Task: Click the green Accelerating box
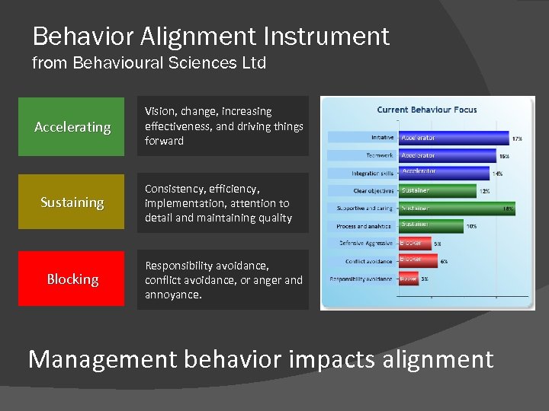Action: tap(72, 126)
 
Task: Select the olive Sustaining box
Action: tap(72, 202)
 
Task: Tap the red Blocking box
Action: tap(72, 279)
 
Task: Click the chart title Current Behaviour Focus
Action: tap(426, 110)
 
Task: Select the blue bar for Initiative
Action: tap(453, 138)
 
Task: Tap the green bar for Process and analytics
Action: tap(430, 225)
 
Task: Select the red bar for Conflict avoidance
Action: tap(417, 260)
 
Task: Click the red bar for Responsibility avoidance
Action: tap(408, 279)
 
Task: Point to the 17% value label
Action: tap(517, 139)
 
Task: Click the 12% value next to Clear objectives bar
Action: tap(485, 191)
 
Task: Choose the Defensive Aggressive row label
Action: tap(366, 244)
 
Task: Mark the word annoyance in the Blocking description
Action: tap(173, 295)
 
